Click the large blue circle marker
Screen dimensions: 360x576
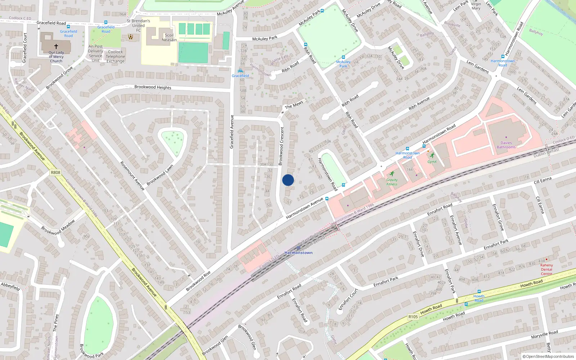pyautogui.click(x=288, y=180)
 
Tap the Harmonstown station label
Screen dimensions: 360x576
pyautogui.click(x=298, y=253)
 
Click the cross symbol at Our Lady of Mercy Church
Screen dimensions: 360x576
pyautogui.click(x=56, y=46)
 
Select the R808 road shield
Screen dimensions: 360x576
pyautogui.click(x=55, y=172)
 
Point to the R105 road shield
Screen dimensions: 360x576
pyautogui.click(x=413, y=317)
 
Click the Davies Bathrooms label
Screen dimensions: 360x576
pyautogui.click(x=506, y=145)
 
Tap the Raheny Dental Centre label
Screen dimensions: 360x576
pyautogui.click(x=546, y=269)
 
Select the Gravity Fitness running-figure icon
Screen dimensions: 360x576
pyautogui.click(x=392, y=174)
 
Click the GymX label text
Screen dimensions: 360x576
pyautogui.click(x=432, y=162)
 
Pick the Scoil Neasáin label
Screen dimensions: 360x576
pyautogui.click(x=169, y=37)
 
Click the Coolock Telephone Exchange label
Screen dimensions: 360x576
pyautogui.click(x=116, y=57)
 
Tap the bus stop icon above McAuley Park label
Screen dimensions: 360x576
pyautogui.click(x=343, y=57)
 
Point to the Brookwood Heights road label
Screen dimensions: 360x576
pyautogui.click(x=153, y=87)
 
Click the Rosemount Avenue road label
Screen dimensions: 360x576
pyautogui.click(x=132, y=176)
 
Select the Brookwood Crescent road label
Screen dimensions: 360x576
pyautogui.click(x=282, y=146)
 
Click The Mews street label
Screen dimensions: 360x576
pyautogui.click(x=294, y=105)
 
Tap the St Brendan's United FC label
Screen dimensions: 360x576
pyautogui.click(x=138, y=26)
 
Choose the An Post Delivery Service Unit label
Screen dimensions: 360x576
pyautogui.click(x=95, y=54)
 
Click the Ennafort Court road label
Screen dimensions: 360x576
pyautogui.click(x=348, y=299)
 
